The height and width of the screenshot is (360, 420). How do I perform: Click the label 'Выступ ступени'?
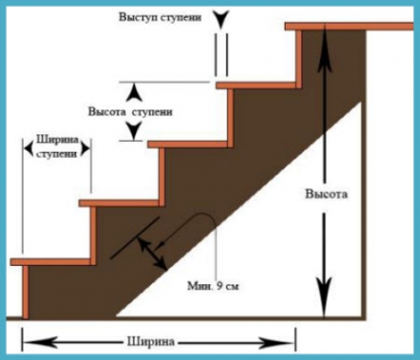(160, 18)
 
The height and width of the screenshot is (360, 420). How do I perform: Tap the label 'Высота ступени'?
(130, 112)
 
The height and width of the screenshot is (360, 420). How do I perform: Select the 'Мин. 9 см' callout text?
(213, 286)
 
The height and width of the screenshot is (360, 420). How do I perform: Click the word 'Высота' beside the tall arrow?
(326, 194)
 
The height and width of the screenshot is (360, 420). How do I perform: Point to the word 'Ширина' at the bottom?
(151, 342)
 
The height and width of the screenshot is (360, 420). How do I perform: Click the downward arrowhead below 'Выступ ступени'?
(220, 19)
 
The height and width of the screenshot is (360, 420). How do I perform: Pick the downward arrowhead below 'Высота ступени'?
(134, 131)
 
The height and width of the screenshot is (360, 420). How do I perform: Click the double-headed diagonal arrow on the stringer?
(151, 253)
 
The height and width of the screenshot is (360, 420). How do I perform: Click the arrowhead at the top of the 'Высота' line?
(325, 48)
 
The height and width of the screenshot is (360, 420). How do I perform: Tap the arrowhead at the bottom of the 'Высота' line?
(325, 296)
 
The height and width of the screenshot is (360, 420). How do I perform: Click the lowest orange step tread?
(53, 262)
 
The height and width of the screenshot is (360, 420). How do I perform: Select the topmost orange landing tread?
(349, 27)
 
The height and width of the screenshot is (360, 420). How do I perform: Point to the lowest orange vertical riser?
(25, 292)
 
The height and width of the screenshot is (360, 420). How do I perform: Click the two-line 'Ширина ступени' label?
(57, 147)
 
